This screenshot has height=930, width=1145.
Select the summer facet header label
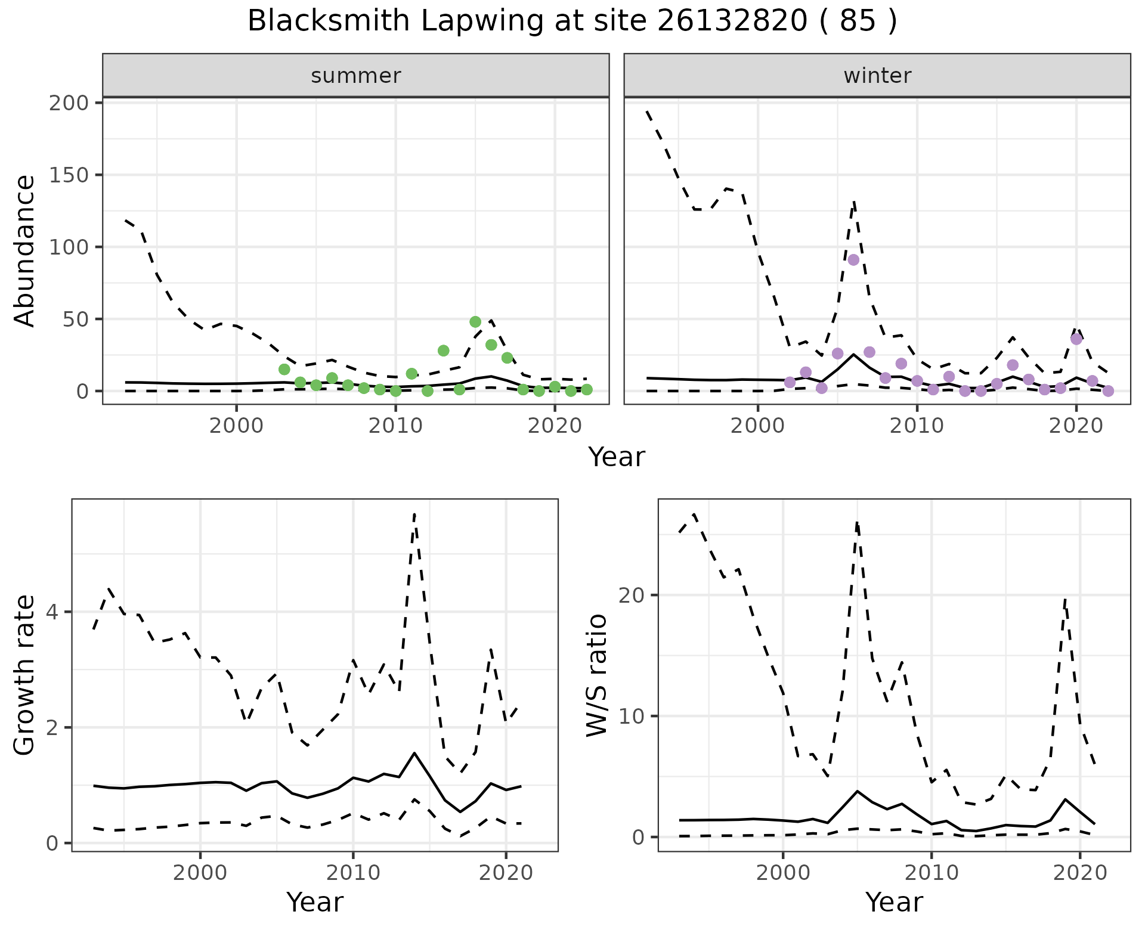click(x=356, y=76)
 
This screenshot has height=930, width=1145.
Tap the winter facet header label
click(x=877, y=76)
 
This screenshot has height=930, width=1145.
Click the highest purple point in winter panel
click(x=853, y=260)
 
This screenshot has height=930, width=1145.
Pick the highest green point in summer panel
click(x=475, y=322)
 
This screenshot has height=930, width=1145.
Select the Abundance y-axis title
click(x=25, y=250)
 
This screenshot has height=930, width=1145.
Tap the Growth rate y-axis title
click(x=25, y=675)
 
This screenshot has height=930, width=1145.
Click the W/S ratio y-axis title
click(x=596, y=675)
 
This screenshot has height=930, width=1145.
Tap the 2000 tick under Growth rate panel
click(x=200, y=873)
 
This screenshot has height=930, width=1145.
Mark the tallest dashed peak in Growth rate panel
click(x=414, y=513)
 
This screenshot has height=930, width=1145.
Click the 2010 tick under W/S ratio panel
click(x=931, y=873)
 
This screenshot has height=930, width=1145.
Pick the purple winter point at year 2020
click(x=1076, y=339)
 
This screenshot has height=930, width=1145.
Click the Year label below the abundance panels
click(x=617, y=457)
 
